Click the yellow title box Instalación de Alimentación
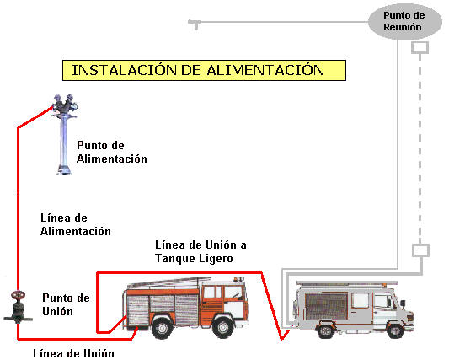coord(204,70)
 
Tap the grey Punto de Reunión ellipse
coord(405,21)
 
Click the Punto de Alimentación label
coord(112,152)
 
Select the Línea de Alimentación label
coord(76,224)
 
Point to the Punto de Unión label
coord(66,304)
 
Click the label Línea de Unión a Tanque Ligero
coord(200,251)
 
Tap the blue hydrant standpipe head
coord(64,105)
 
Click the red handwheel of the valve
coord(18,294)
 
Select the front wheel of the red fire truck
coord(222,327)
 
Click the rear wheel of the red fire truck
coord(162,328)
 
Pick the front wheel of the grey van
coord(395,330)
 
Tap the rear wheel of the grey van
coord(326,330)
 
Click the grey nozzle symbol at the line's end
coord(195,24)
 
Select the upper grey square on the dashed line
coord(420,47)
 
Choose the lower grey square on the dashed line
coord(420,250)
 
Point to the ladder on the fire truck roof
coord(169,282)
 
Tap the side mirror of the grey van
coord(403,304)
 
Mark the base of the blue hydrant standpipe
coord(64,170)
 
